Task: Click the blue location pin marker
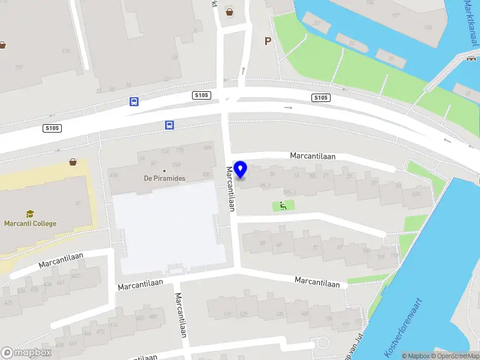[240, 169]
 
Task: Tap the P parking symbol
[268, 41]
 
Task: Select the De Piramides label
[164, 178]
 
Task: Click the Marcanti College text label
[30, 224]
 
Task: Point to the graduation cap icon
[29, 214]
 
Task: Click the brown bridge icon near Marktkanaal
[471, 59]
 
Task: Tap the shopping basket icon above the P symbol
[229, 11]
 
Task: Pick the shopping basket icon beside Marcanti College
[73, 162]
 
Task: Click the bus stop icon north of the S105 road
[134, 101]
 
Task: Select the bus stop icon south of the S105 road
[170, 125]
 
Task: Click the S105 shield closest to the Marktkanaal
[321, 98]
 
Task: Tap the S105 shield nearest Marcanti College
[52, 128]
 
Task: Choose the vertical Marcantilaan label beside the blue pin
[230, 189]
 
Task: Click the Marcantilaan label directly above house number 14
[313, 155]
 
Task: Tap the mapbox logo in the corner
[25, 352]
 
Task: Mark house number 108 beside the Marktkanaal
[428, 28]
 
